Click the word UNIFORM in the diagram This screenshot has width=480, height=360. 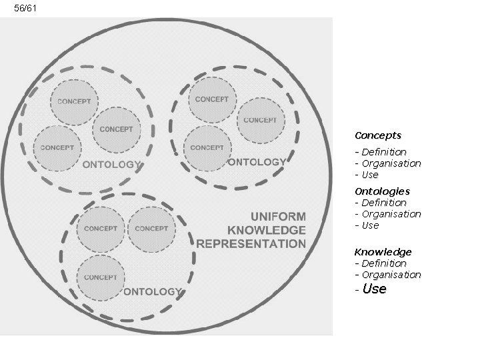point(278,216)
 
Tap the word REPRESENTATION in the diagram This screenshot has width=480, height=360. point(251,243)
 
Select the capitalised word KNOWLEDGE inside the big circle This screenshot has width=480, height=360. point(267,230)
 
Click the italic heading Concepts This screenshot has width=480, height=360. point(378,135)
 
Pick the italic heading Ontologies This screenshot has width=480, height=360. point(382,191)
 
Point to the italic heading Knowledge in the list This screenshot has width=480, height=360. point(383,252)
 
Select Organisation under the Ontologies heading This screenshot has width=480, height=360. point(391,214)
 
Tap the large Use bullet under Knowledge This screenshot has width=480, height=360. point(374,289)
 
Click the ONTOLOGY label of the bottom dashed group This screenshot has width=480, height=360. point(152,291)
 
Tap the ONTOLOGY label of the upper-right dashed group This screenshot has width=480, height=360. point(257,162)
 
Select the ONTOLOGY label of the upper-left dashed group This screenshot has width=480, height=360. point(111,164)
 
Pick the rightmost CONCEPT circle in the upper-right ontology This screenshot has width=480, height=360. point(260,120)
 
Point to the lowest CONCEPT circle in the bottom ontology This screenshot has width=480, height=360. point(101,277)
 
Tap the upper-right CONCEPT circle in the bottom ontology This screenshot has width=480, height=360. point(151,228)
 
